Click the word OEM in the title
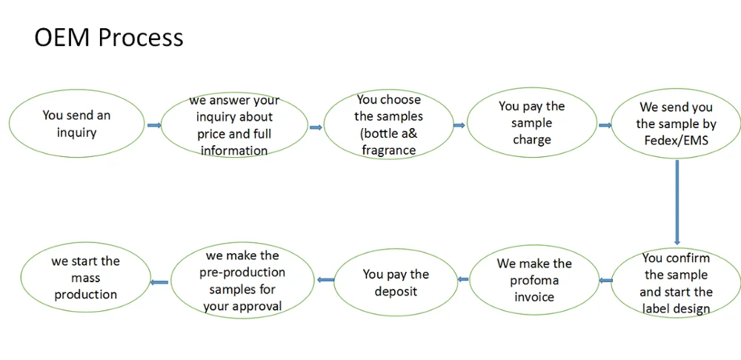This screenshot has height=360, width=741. pos(61,37)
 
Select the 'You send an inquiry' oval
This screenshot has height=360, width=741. pos(76,123)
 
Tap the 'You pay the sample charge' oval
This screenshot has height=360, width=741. pos(531,123)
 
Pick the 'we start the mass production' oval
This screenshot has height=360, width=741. pos(85,277)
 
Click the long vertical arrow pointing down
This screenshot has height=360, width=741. pos(677,202)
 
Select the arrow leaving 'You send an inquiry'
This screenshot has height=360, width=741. pos(154,125)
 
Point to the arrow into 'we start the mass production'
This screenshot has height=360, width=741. pos(159,282)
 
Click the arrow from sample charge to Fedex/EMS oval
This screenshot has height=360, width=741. pos(605,125)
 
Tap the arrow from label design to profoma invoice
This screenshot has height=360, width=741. pos(605,281)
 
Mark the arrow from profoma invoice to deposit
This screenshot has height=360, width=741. pos(463,279)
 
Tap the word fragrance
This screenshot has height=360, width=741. pos(388,150)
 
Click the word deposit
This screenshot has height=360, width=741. pos(396,291)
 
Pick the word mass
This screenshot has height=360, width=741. pos(85,278)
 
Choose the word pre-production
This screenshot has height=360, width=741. pos(242,273)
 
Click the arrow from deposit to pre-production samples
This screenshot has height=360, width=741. pos(325,280)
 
